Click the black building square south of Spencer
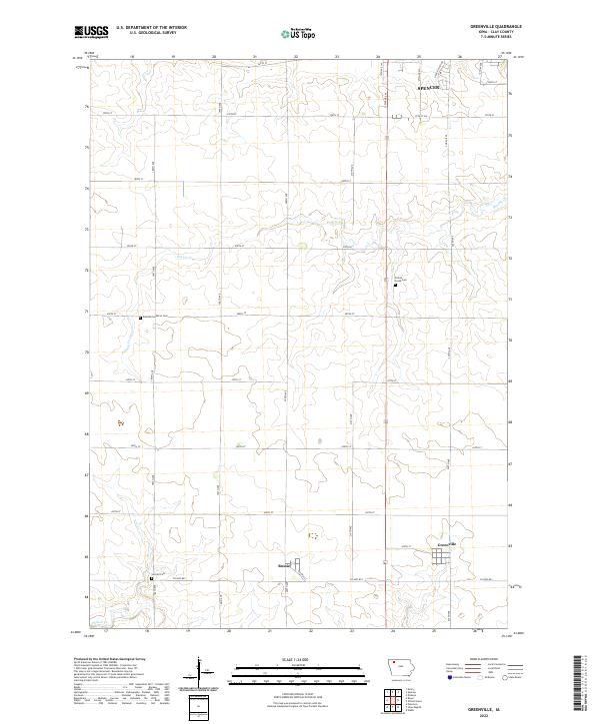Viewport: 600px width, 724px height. [x=396, y=287]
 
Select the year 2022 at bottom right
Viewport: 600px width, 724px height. [x=470, y=714]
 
